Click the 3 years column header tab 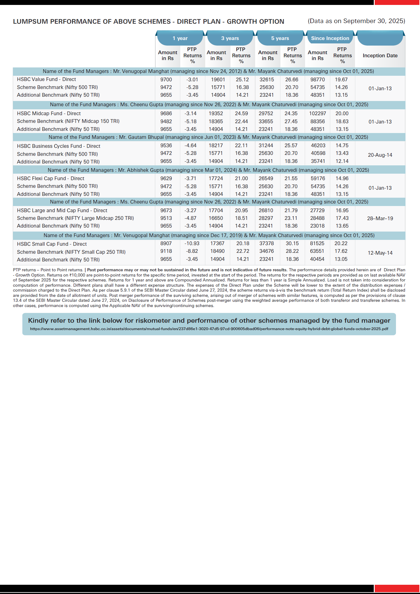pos(230,38)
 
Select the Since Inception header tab pos(330,38)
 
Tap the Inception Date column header pos(380,55)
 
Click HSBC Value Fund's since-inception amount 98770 pos(317,79)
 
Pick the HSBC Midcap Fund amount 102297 pos(317,113)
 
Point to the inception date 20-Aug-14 pos(380,155)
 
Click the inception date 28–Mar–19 pos(380,218)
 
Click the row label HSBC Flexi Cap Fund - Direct pos(51,178)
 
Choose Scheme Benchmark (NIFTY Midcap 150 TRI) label pos(68,121)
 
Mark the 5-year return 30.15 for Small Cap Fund pos(292,243)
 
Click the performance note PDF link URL pos(209,329)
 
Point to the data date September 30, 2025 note pos(356,21)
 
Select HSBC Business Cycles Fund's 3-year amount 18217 pos(216,145)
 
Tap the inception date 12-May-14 pos(380,253)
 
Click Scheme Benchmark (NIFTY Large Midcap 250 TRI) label pos(75,218)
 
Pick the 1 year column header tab pos(180,38)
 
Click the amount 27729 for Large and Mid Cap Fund pos(317,210)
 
